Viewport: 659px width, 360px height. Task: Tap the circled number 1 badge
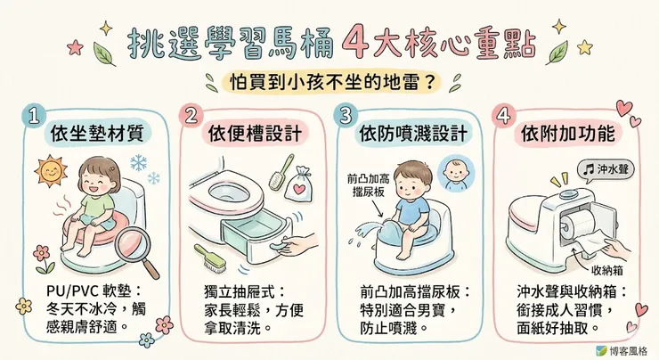click(33, 117)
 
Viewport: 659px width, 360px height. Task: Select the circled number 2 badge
click(190, 117)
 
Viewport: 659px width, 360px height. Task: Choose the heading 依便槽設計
click(254, 135)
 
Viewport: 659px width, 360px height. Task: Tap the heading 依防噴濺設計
click(411, 135)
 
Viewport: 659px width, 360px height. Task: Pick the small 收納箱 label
click(610, 268)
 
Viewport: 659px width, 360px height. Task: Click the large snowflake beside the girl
click(141, 163)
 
